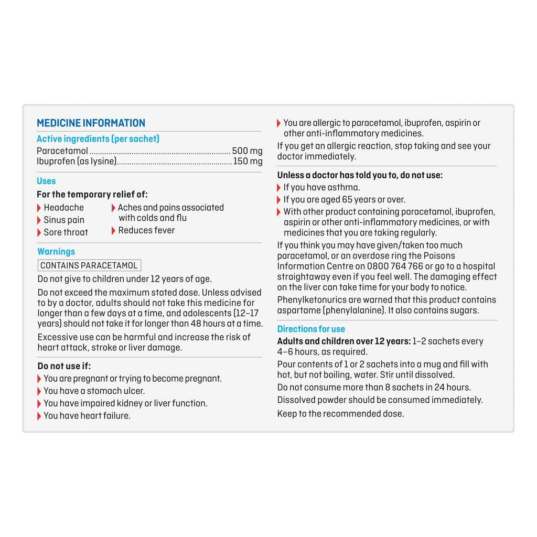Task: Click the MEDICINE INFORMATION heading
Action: point(91,123)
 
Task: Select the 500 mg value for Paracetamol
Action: point(247,151)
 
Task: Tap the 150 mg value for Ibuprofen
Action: point(248,162)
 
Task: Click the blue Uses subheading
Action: point(46,181)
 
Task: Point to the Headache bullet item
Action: point(63,208)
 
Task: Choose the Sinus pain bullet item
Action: point(63,220)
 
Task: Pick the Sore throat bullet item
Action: point(66,232)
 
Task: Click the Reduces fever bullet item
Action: point(146,230)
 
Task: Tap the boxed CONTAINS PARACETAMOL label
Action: point(89,265)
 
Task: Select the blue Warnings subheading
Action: point(56,252)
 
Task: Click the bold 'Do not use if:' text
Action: point(64,366)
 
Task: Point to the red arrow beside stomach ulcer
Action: point(39,391)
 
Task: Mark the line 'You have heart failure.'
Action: point(87,416)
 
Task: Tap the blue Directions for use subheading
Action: point(311,329)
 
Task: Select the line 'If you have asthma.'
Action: point(321,187)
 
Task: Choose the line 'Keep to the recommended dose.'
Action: point(340,414)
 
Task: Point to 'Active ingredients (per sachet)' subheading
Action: point(98,139)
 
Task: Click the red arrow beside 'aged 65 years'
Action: point(279,200)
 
